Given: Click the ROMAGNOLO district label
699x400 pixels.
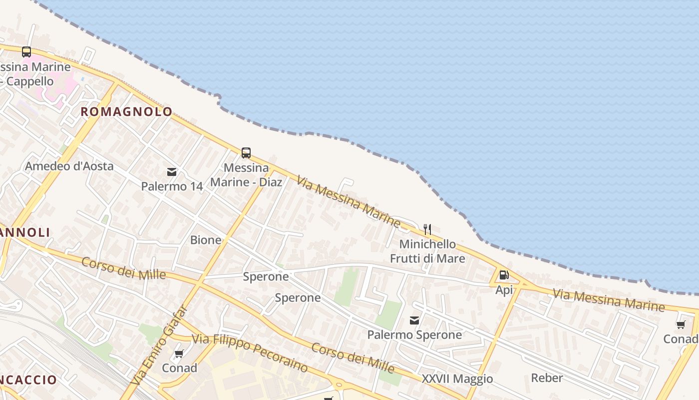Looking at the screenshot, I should pyautogui.click(x=126, y=112).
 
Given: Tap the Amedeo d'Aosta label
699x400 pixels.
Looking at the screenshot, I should pyautogui.click(x=69, y=166).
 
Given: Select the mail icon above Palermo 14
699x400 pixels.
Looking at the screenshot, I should pyautogui.click(x=172, y=172).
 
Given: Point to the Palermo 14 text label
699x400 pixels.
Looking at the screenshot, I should pyautogui.click(x=172, y=186).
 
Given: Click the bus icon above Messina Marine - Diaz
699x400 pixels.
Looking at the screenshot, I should pyautogui.click(x=246, y=153).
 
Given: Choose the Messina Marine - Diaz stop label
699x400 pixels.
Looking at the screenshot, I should pyautogui.click(x=246, y=174).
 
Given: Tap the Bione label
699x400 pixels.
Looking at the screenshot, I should pyautogui.click(x=206, y=240).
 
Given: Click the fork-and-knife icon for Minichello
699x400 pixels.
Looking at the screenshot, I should pyautogui.click(x=427, y=229).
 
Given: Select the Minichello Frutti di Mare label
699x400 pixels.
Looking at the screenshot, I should pyautogui.click(x=427, y=251).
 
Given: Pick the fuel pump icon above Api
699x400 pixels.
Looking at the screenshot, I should pyautogui.click(x=504, y=275).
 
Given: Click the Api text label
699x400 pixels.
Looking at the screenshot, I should pyautogui.click(x=504, y=290).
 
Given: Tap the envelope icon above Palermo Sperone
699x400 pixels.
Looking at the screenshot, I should pyautogui.click(x=414, y=320).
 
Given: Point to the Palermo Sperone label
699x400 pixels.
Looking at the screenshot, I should pyautogui.click(x=414, y=334).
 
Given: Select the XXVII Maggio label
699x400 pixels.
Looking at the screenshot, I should pyautogui.click(x=457, y=379).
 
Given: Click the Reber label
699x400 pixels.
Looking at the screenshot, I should pyautogui.click(x=547, y=378).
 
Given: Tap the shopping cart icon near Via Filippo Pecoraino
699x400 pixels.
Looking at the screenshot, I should pyautogui.click(x=179, y=354).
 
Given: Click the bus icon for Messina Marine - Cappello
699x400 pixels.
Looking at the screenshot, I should pyautogui.click(x=26, y=52).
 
